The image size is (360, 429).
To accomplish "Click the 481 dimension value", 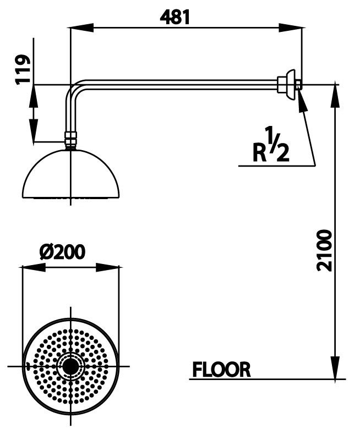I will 175,17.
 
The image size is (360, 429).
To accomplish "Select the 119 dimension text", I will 23,70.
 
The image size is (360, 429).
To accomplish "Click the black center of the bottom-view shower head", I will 70,366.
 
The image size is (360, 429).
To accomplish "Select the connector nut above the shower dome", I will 70,140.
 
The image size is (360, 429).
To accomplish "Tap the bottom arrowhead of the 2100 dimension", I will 335,369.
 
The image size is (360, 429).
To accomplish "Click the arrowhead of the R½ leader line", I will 301,99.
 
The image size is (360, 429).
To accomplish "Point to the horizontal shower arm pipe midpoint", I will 176,84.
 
